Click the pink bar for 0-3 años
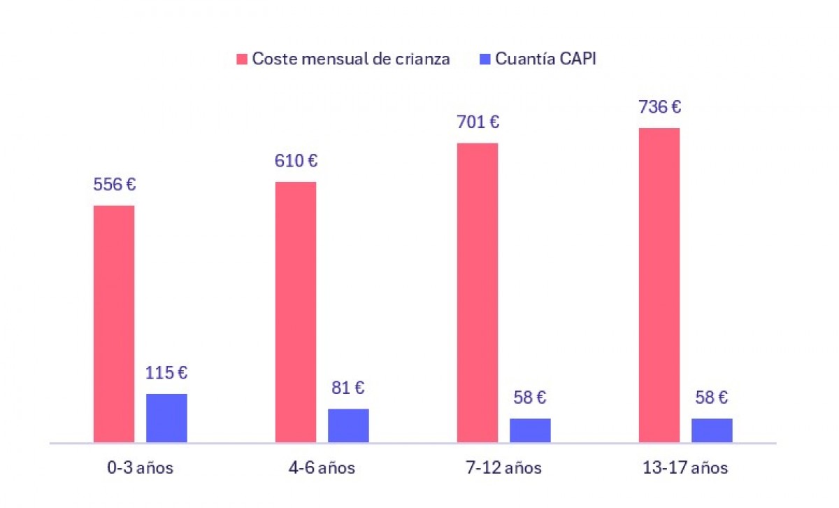click(x=114, y=324)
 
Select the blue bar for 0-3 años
click(x=166, y=418)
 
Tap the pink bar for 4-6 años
click(x=296, y=312)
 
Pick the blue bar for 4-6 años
click(x=348, y=425)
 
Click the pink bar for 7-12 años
click(x=478, y=292)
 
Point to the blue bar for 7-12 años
click(x=530, y=430)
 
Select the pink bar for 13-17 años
click(x=659, y=285)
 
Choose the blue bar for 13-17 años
click(x=712, y=430)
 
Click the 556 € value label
click(x=114, y=185)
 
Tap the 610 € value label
click(x=296, y=161)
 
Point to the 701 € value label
click(x=478, y=122)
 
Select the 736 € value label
click(x=659, y=107)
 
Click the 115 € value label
click(x=166, y=373)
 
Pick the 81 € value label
click(x=348, y=388)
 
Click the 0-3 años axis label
click(x=140, y=468)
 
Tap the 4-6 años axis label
click(x=322, y=468)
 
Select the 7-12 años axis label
click(x=504, y=468)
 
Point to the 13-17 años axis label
click(x=685, y=468)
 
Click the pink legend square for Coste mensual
click(x=242, y=59)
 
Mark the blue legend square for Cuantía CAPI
click(x=485, y=59)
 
